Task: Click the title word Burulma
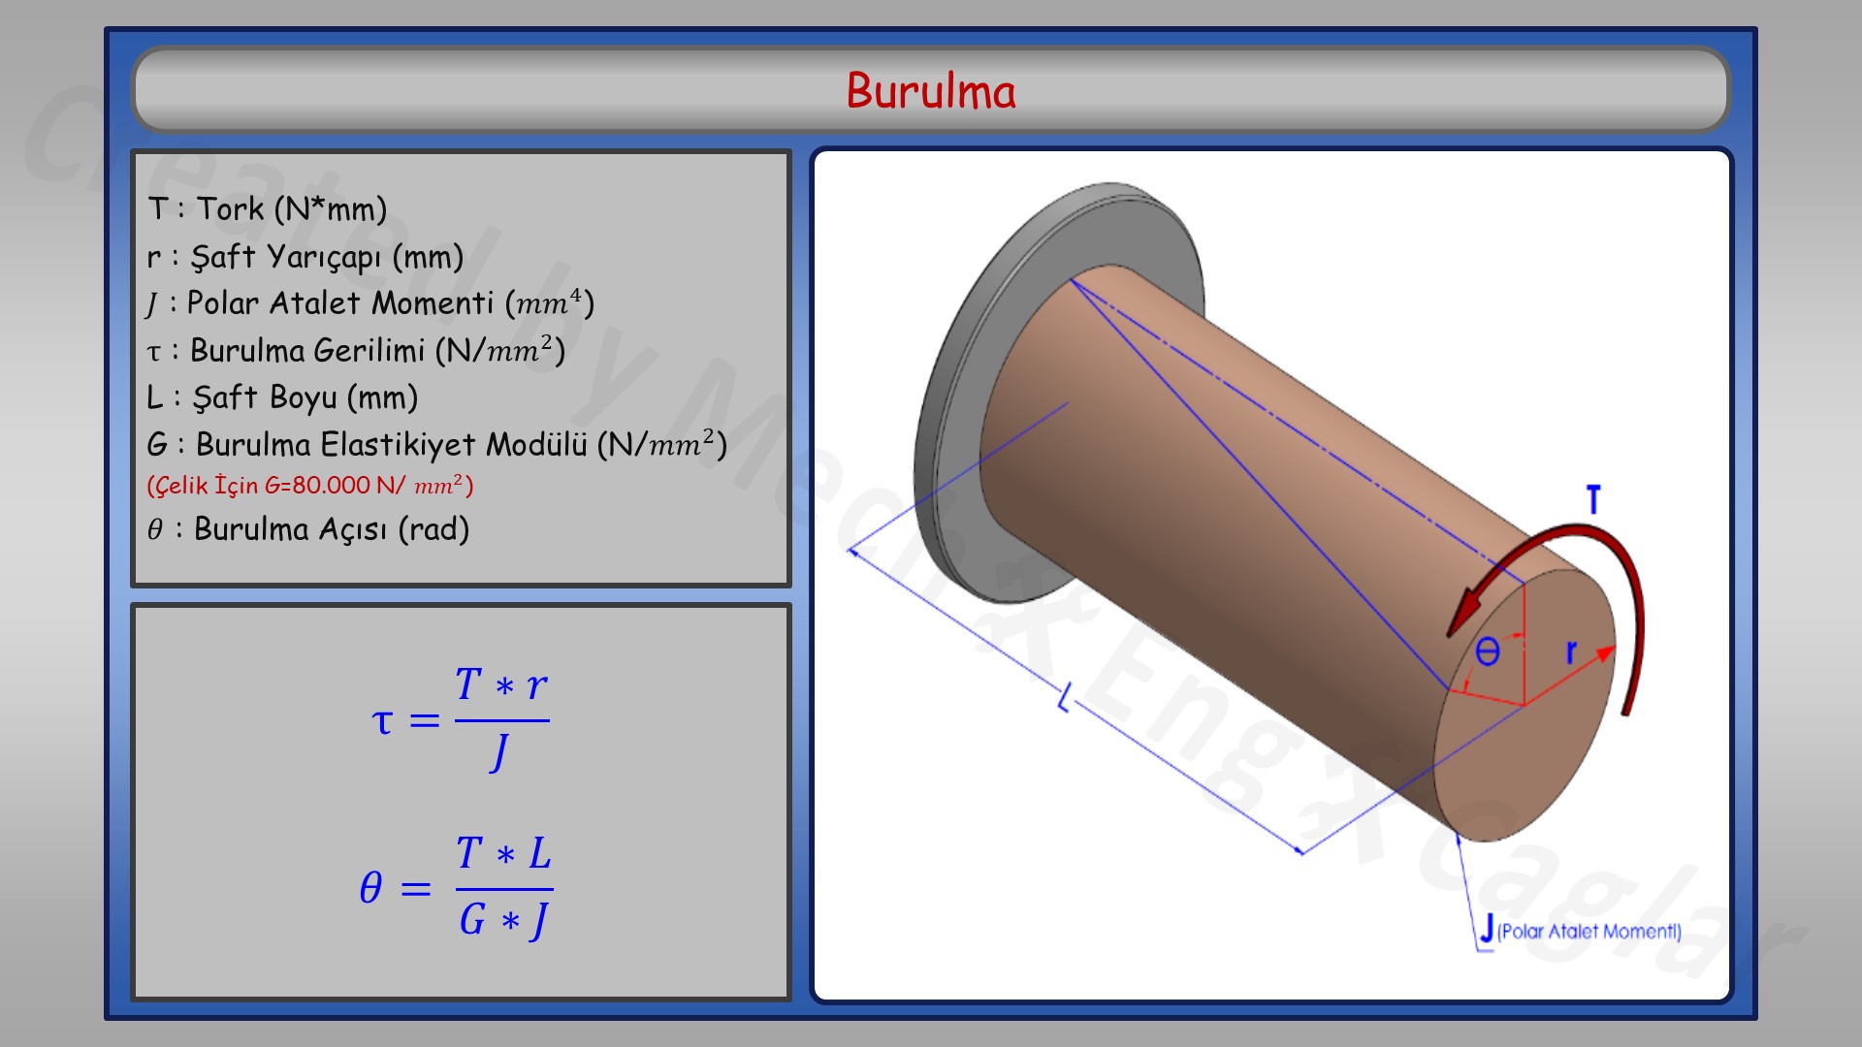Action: click(x=931, y=91)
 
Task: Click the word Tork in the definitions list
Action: click(x=231, y=208)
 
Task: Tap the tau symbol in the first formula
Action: click(x=382, y=720)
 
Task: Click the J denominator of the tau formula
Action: click(x=500, y=752)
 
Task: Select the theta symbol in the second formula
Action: click(x=370, y=887)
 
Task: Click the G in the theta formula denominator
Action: click(x=472, y=919)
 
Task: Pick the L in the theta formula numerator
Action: click(x=539, y=854)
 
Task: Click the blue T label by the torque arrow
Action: click(x=1592, y=500)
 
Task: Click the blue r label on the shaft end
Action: click(x=1571, y=651)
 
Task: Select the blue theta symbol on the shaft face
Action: click(x=1487, y=651)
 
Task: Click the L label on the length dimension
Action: click(x=1065, y=698)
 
